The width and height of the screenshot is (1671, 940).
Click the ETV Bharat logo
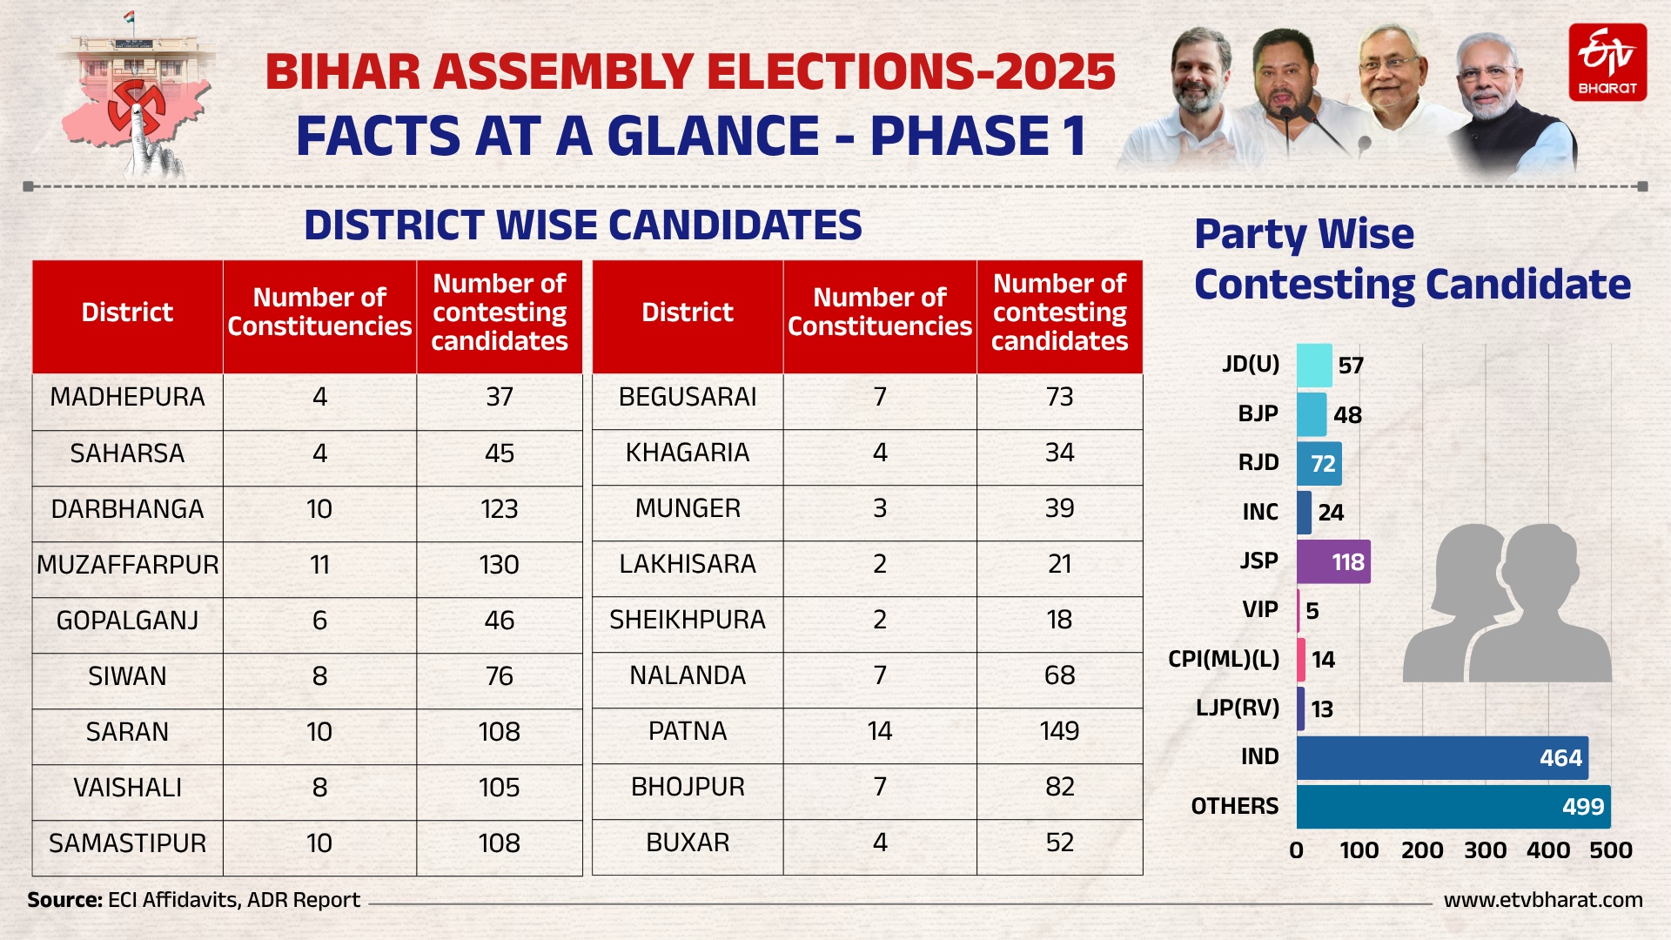coord(1607,62)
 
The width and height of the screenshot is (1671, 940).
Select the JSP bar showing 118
coord(1332,561)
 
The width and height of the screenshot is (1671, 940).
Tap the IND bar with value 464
coord(1441,757)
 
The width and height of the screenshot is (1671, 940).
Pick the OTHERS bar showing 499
coord(1453,807)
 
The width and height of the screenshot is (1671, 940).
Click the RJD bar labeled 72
coord(1319,463)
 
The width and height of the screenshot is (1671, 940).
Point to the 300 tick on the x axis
coord(1485,850)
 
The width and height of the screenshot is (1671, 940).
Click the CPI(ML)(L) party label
coord(1223,659)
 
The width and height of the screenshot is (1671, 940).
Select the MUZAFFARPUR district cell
coord(128,565)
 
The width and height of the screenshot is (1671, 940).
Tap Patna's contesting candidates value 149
coord(1059,731)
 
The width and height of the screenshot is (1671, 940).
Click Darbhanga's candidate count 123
coord(499,509)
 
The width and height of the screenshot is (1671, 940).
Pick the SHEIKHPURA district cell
coord(687,620)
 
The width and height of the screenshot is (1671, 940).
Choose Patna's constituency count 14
coord(879,731)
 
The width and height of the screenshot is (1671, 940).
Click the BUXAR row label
coord(687,843)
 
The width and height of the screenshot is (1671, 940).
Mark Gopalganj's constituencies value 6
coord(319,621)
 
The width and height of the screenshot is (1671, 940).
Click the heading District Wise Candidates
coord(582,225)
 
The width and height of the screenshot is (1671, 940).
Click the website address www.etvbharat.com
coord(1542,900)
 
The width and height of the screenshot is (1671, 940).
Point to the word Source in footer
coord(64,900)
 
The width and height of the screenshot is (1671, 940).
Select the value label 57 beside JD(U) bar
coord(1350,366)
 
